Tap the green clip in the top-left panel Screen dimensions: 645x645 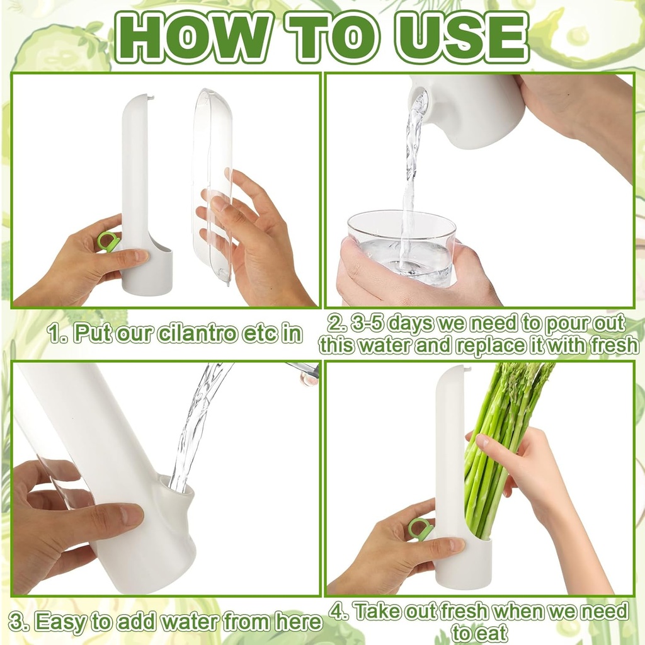pos(108,241)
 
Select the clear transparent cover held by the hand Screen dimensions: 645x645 pos(213,183)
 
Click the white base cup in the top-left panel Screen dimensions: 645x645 pos(147,271)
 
